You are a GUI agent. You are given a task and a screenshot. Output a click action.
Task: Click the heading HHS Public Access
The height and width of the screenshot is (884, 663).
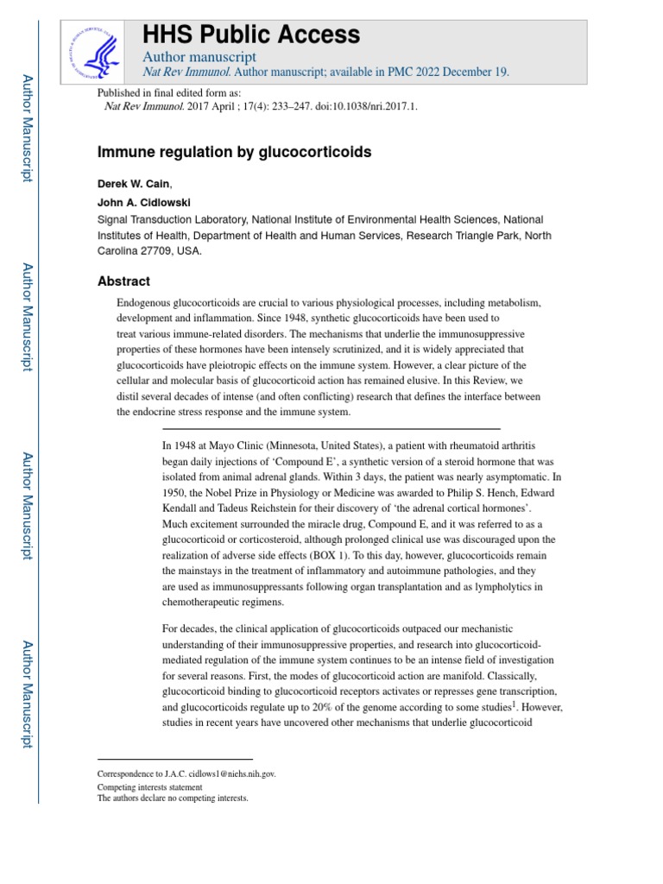[250, 35]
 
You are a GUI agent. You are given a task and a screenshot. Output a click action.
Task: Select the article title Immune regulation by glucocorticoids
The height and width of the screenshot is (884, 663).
[234, 152]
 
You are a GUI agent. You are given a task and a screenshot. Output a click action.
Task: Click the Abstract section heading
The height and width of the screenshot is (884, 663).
[123, 281]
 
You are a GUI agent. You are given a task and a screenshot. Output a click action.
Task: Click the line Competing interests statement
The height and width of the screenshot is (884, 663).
[150, 787]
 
